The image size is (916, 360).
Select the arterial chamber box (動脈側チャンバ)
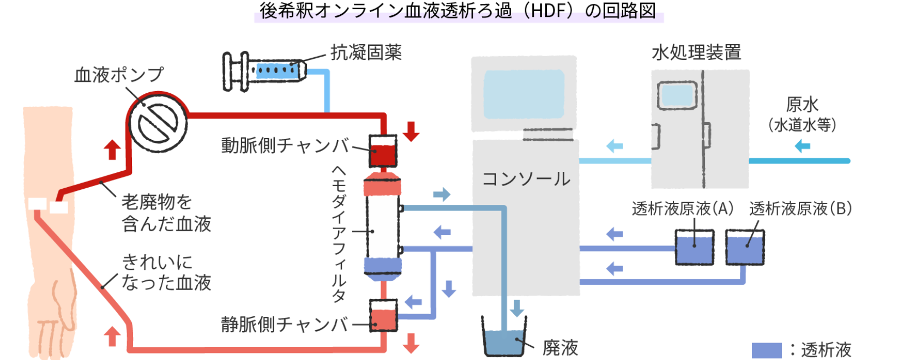[x=383, y=151]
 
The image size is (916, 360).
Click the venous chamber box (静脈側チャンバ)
[x=383, y=315]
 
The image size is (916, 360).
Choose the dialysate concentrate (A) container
[x=695, y=247]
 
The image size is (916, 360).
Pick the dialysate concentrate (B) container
[x=745, y=247]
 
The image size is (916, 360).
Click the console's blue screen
[x=524, y=94]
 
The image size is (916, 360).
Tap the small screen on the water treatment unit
[x=677, y=95]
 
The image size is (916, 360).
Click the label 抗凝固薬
[x=366, y=53]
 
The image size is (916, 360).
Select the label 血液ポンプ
[x=119, y=75]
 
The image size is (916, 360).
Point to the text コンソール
[x=526, y=179]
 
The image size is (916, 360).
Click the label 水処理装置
[x=696, y=53]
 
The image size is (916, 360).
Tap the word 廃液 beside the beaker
[x=561, y=348]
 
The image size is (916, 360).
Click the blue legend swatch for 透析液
[x=767, y=350]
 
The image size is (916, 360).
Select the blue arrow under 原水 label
[x=803, y=146]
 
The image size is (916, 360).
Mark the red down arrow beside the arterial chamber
[x=411, y=131]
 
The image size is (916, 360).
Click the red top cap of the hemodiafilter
[x=382, y=184]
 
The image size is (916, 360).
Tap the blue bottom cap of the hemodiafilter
[x=382, y=269]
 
